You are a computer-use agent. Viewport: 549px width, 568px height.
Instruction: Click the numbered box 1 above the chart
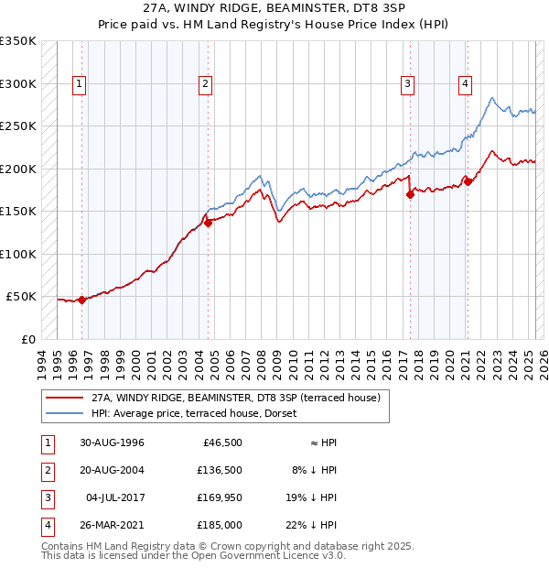(80, 84)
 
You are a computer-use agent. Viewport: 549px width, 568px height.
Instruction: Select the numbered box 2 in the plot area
(206, 84)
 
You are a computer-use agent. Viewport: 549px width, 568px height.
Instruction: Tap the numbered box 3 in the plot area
(407, 84)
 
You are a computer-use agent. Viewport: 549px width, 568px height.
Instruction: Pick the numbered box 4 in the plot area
(466, 84)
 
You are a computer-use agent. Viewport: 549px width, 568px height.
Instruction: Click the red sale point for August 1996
(81, 300)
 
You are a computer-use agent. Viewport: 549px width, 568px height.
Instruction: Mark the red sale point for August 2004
(208, 222)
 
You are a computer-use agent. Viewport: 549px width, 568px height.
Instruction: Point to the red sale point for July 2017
(410, 194)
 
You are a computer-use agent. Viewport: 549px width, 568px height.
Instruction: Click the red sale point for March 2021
(468, 181)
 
